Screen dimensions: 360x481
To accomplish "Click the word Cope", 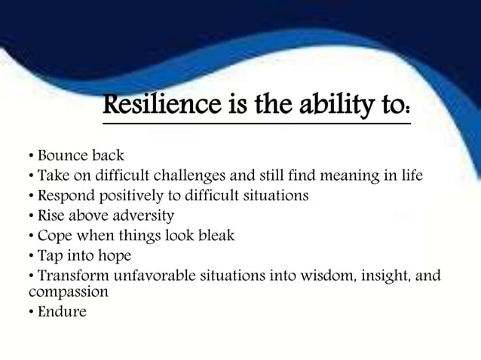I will pos(52,236).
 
